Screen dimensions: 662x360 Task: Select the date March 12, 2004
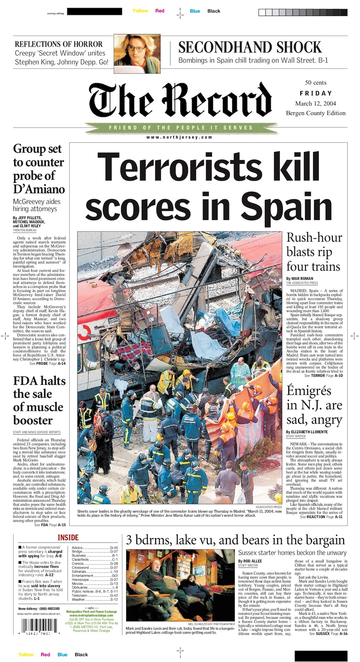[x=315, y=103]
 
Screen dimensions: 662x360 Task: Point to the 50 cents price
[x=316, y=82]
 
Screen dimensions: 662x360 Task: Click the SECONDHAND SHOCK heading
[x=250, y=47]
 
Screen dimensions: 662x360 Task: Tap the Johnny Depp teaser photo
[x=137, y=50]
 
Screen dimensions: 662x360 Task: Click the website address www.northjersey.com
[x=179, y=137]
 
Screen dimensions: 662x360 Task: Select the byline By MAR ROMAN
[x=300, y=278]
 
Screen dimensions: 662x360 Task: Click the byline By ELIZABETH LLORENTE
[x=307, y=432]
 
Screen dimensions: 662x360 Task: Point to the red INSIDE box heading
[x=68, y=538]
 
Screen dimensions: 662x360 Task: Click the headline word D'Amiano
[x=39, y=189]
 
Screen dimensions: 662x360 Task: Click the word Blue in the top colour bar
[x=195, y=11]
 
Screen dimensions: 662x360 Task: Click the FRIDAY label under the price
[x=316, y=93]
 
